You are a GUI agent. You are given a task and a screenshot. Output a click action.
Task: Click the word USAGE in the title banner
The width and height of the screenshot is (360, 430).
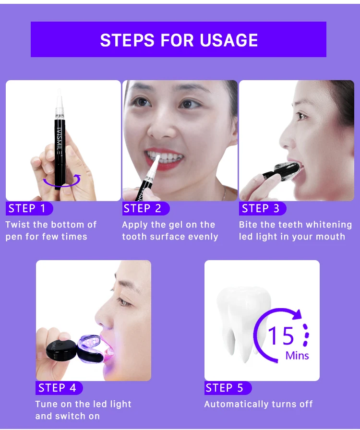click(x=229, y=40)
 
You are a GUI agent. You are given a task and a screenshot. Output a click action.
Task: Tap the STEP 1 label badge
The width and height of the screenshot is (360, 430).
click(x=29, y=208)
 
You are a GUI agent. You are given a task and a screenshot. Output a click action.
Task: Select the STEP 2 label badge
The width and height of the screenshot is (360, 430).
click(x=146, y=208)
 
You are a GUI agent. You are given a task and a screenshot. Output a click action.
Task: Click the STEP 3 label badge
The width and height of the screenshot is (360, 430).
click(x=263, y=208)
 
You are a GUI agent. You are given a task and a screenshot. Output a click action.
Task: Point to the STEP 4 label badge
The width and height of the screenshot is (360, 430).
click(x=59, y=388)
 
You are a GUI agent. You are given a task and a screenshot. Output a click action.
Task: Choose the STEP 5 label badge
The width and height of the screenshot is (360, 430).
click(x=228, y=388)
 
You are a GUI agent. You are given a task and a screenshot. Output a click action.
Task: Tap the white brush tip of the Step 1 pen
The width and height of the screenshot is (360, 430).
click(x=59, y=99)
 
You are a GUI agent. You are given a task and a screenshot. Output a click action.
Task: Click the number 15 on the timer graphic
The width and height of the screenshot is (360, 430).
click(x=281, y=335)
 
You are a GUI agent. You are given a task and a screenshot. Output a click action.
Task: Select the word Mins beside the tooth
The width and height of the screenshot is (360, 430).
click(x=297, y=356)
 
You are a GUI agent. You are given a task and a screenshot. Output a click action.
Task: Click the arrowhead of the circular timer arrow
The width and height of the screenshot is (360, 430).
click(x=297, y=314)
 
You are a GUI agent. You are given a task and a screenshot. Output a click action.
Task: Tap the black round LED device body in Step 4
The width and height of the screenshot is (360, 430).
click(x=61, y=349)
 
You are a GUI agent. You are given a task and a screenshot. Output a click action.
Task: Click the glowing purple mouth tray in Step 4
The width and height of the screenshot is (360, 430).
click(x=91, y=346)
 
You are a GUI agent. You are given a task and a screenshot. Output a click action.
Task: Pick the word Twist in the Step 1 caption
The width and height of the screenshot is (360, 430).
click(x=18, y=225)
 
